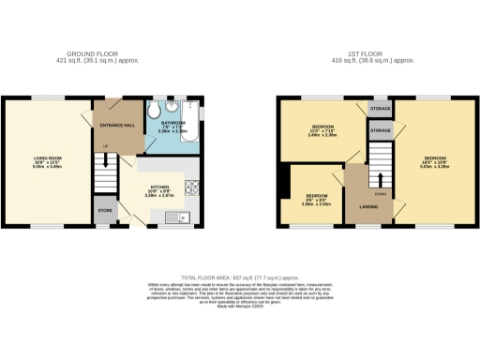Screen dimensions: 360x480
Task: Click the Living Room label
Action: [x=48, y=160]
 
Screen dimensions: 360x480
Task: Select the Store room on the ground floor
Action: [x=104, y=210]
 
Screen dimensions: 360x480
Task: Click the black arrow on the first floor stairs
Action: [x=381, y=178]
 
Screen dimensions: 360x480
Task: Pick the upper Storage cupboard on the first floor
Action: [x=380, y=108]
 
